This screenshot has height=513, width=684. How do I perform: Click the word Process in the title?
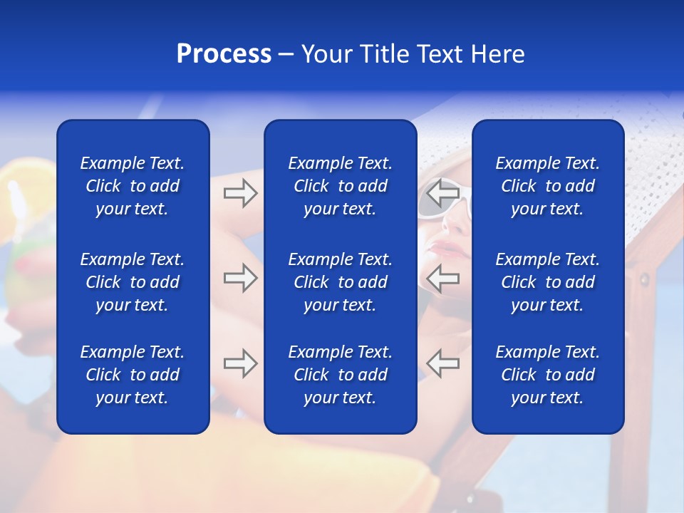coord(224,54)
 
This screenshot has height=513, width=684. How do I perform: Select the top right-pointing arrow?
coord(240,192)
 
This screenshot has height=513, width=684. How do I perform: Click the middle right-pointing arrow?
coord(240,278)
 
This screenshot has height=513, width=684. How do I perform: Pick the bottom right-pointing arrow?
coord(240,363)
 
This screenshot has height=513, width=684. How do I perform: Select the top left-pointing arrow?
coord(443,192)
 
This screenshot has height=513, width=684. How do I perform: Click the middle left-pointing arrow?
coord(443,278)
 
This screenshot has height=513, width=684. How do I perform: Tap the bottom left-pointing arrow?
coord(443,363)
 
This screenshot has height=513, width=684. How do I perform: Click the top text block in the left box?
coord(133,186)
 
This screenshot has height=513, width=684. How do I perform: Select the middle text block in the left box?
coord(133,282)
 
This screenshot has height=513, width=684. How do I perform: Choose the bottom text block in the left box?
coord(133,375)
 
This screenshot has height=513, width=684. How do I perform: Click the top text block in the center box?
coord(340,186)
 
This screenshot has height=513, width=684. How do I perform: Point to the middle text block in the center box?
coord(340,282)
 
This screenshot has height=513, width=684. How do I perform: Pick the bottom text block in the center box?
coord(340,375)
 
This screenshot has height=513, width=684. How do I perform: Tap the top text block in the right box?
coord(547,186)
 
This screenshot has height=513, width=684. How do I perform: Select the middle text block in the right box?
coord(547,282)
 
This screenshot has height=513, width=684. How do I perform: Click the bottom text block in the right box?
coord(547,375)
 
